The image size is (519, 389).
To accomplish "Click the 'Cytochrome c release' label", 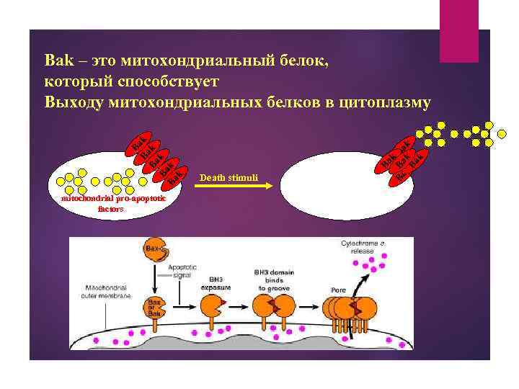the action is (367, 249).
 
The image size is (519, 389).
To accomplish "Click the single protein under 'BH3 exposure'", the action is (211, 308).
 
